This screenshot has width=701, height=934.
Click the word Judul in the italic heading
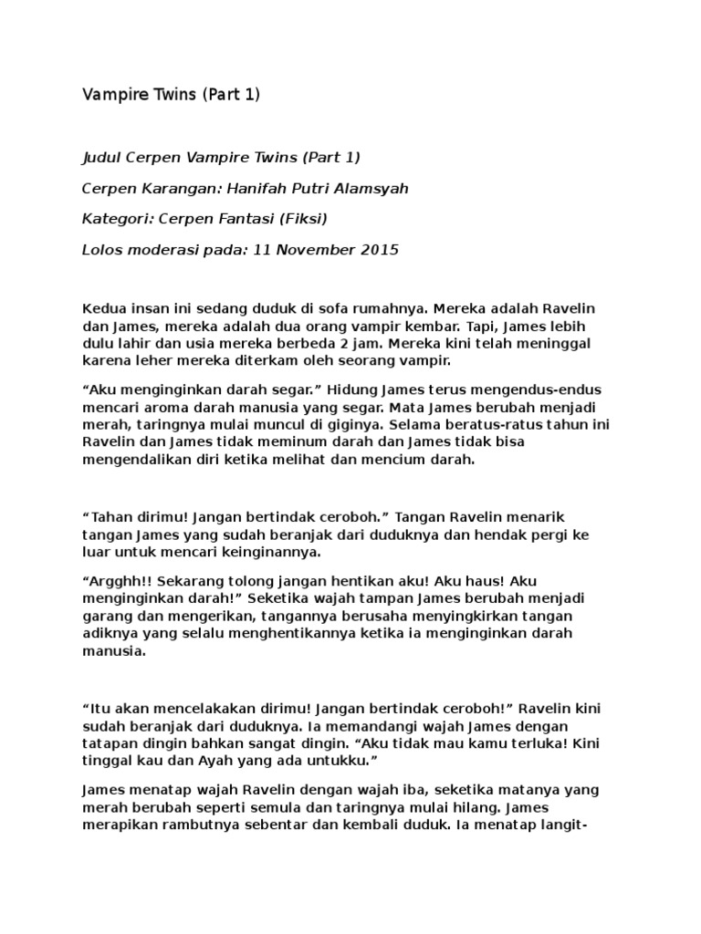(102, 157)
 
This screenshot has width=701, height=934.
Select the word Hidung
(350, 389)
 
